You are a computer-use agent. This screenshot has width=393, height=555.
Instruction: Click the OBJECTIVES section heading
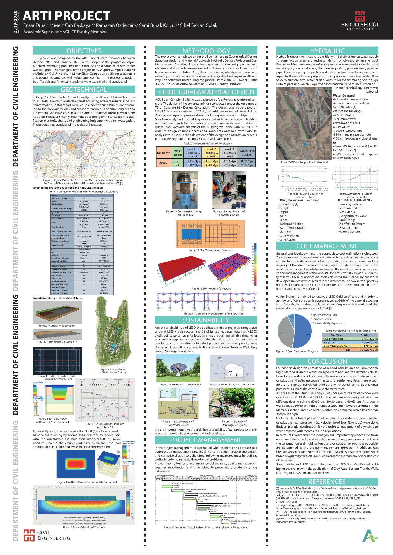pyautogui.click(x=84, y=51)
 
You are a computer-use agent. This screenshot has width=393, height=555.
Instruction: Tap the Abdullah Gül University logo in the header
pyautogui.click(x=360, y=21)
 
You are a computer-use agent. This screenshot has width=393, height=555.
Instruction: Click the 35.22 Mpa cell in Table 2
pyautogui.click(x=247, y=165)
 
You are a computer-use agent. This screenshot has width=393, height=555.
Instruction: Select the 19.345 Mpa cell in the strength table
pyautogui.click(x=193, y=161)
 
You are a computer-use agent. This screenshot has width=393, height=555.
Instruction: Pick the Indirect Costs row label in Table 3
pyautogui.click(x=330, y=342)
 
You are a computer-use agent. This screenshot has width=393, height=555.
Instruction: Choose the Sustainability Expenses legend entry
pyautogui.click(x=327, y=323)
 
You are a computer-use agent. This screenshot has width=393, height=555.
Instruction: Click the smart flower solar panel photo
pyautogui.click(x=178, y=368)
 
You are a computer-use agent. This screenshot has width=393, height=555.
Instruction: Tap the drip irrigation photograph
pyautogui.click(x=231, y=403)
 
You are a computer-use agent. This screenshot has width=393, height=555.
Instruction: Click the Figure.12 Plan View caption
pyautogui.click(x=210, y=250)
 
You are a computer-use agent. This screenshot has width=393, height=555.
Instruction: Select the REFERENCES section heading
pyautogui.click(x=327, y=481)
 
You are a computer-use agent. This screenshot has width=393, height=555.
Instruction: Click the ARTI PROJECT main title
pyautogui.click(x=66, y=16)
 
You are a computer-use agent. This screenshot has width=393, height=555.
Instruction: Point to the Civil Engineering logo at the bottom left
pyautogui.click(x=46, y=535)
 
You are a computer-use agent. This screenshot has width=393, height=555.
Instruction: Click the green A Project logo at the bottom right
pyautogui.click(x=370, y=535)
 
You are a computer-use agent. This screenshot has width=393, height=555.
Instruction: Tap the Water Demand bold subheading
pyautogui.click(x=344, y=95)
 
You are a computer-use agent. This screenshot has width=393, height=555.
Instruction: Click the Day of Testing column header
pyautogui.click(x=177, y=153)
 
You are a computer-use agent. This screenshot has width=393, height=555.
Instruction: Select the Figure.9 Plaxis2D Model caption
pyautogui.click(x=84, y=527)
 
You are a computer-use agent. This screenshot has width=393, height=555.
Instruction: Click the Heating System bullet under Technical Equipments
pyautogui.click(x=349, y=232)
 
